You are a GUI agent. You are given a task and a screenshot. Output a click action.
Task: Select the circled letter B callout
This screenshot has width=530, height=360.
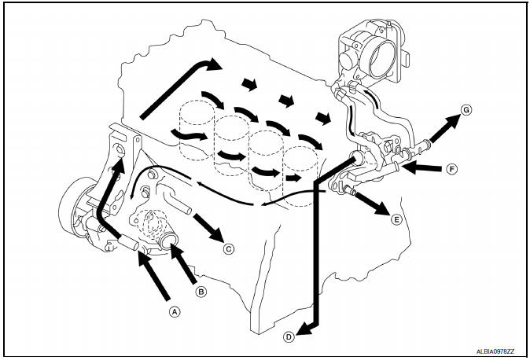[x=201, y=292]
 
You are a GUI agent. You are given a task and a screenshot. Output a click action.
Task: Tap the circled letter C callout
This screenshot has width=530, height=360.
[x=229, y=250]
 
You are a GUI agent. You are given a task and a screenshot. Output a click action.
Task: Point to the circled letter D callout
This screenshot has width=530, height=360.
[x=289, y=336]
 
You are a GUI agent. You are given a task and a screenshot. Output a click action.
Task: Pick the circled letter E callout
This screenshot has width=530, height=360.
[x=396, y=220]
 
